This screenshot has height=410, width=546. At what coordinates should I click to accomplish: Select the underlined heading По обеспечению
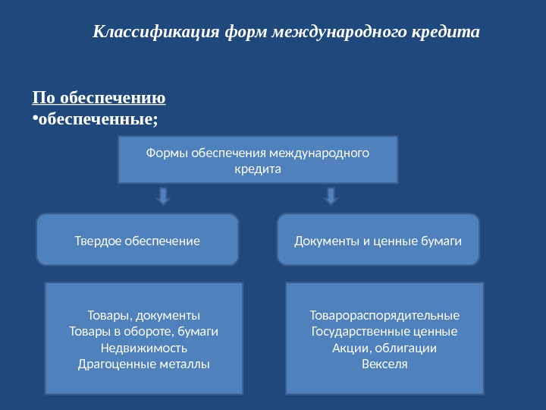(99, 98)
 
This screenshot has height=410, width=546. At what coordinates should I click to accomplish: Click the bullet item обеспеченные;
(99, 118)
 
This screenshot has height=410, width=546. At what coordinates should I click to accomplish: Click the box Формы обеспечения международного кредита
(258, 160)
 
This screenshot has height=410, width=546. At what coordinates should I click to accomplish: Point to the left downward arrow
(163, 197)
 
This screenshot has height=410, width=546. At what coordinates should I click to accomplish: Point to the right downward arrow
(331, 197)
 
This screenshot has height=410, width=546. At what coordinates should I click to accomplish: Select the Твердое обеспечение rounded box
(137, 241)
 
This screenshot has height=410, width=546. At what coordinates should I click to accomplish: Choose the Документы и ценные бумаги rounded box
(378, 241)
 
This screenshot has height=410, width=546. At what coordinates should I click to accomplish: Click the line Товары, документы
(144, 314)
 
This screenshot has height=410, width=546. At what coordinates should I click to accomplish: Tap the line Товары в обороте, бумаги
(144, 331)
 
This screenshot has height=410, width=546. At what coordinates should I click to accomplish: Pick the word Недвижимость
(144, 348)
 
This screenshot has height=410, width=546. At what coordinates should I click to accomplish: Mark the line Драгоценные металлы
(144, 364)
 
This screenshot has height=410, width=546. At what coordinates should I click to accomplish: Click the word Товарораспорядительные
(384, 314)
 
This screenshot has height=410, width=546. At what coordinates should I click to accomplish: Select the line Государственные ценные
(384, 331)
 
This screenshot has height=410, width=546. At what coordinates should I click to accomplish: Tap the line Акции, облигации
(384, 348)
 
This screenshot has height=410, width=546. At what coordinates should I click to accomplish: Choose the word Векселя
(384, 364)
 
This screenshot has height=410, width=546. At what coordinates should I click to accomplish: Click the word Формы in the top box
(165, 153)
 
